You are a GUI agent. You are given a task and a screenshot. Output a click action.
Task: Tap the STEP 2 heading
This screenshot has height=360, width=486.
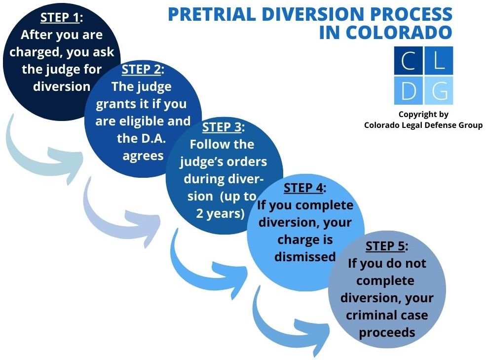[x=143, y=70]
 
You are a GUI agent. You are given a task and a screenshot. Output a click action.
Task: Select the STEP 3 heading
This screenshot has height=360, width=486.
[x=224, y=127]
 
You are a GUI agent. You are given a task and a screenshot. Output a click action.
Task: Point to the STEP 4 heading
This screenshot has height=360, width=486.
[x=305, y=188]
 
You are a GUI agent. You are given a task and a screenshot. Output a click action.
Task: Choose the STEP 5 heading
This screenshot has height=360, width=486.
[x=386, y=246]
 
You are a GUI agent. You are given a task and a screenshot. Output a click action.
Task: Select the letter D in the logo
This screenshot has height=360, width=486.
[x=409, y=90]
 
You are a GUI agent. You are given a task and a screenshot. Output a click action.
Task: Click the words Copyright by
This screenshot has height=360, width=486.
[x=423, y=115]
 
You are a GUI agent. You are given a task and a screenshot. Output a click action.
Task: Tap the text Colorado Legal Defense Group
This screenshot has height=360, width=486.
[x=423, y=125]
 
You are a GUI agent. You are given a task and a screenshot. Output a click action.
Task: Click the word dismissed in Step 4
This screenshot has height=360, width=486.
[x=305, y=256]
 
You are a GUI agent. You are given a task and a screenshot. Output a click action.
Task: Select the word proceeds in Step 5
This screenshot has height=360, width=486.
[x=386, y=332]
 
